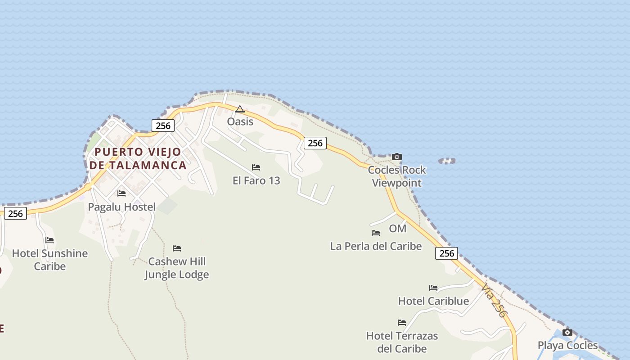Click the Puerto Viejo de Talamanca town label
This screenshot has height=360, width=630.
[x=138, y=158]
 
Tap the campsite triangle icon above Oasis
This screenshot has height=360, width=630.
[x=240, y=109]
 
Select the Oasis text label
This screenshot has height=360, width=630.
[x=240, y=121]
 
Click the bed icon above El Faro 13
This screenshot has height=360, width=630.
[x=256, y=167]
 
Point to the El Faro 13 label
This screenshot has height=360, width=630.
[x=256, y=180]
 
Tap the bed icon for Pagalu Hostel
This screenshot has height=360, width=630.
[x=121, y=193]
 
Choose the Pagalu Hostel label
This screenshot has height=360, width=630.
[x=121, y=207]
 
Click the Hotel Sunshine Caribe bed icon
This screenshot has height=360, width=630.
[x=49, y=240]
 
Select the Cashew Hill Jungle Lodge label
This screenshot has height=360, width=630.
[x=176, y=268]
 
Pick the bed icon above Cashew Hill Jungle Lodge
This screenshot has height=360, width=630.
[x=177, y=248]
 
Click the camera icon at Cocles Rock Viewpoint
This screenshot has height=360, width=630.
[x=396, y=157]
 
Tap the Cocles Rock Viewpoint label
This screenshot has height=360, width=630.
[x=396, y=176]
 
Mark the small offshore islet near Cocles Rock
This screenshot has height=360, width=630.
[x=447, y=161]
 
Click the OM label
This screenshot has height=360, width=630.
[x=397, y=229]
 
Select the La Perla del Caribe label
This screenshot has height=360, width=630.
[x=376, y=246]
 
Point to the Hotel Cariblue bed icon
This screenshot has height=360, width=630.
[x=433, y=288]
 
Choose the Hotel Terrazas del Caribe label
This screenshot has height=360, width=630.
[x=402, y=342]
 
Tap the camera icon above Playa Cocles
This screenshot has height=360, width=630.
[x=567, y=333]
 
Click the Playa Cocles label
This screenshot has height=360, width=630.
[x=567, y=346]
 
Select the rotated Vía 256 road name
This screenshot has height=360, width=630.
[x=494, y=300]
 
